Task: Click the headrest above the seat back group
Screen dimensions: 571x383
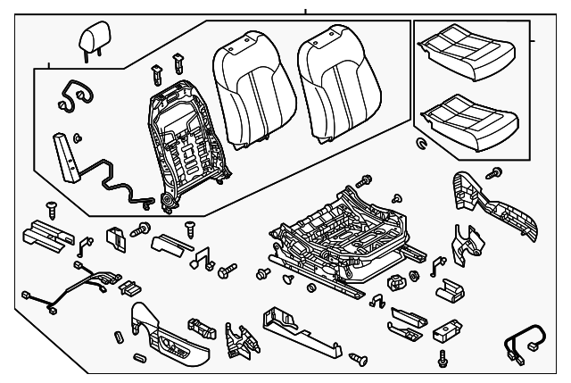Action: point(93,39)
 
